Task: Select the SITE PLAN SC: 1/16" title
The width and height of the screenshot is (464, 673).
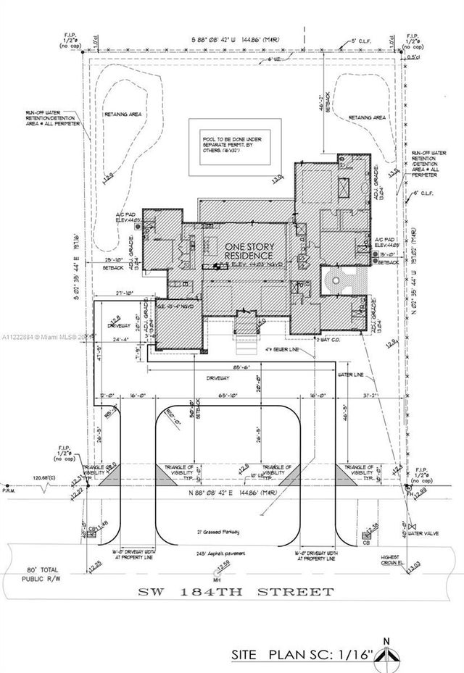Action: point(302,655)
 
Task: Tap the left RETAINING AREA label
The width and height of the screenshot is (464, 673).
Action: point(143,114)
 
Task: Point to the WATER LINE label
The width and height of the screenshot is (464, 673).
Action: point(353,375)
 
